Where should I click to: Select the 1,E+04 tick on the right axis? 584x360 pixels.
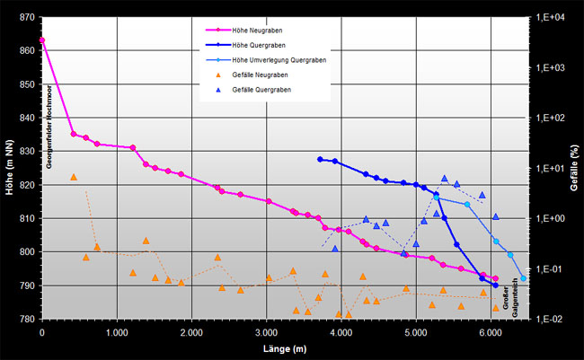550,17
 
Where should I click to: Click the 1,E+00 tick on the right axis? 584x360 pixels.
550,218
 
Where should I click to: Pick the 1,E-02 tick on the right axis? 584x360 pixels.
550,320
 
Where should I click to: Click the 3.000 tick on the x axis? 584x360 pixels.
266,332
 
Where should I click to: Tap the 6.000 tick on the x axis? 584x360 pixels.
490,332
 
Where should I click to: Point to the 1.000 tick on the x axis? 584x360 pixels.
116,332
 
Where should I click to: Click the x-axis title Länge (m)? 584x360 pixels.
266,348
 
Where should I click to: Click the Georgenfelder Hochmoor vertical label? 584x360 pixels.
50,126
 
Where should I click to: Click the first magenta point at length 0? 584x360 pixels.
41,40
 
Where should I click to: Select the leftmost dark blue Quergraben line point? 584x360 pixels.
320,159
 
